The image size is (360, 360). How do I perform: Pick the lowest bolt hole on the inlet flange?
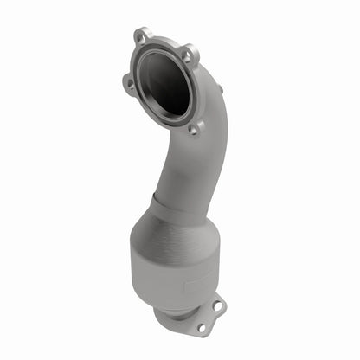[x=192, y=128]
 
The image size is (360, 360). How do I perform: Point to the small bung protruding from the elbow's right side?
[x=219, y=88]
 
